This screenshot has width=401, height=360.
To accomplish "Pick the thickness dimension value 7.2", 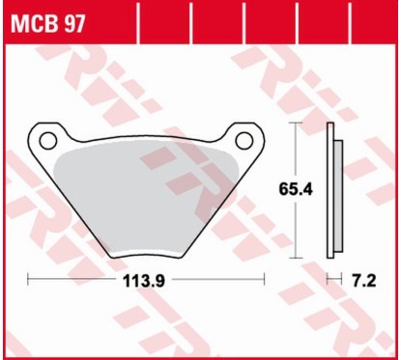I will [x=364, y=282].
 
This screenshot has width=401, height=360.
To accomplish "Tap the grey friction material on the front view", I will [x=145, y=193].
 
